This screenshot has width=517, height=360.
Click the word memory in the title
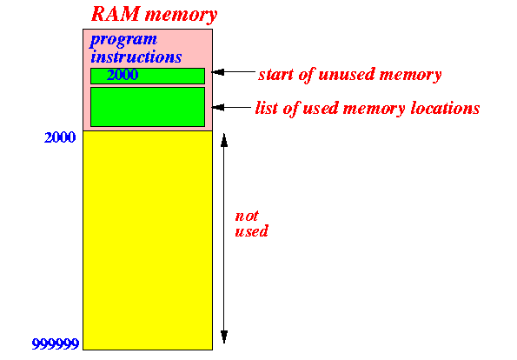pos(181,16)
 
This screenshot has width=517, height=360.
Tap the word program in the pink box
pos(123,41)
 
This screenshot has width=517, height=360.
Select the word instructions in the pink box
pos(136,57)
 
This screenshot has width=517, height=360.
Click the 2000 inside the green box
pos(123,75)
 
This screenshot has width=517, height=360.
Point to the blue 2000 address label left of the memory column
pos(60,137)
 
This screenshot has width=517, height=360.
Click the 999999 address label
pos(56,343)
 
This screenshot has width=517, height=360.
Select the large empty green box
pos(148,107)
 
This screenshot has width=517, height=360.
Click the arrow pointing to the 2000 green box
pos(234,72)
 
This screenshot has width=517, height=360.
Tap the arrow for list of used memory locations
pos(231,107)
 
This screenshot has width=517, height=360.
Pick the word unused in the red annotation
pos(346,74)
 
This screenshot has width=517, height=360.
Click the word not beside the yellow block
pos(247,217)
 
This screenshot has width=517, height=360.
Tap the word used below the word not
pos(251,231)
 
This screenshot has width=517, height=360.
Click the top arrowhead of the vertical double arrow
pos(224,140)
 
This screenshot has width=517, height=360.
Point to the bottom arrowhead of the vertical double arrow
pos(224,337)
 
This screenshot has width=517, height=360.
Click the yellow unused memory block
pos(148,240)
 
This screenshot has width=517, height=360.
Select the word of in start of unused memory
pos(307,74)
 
